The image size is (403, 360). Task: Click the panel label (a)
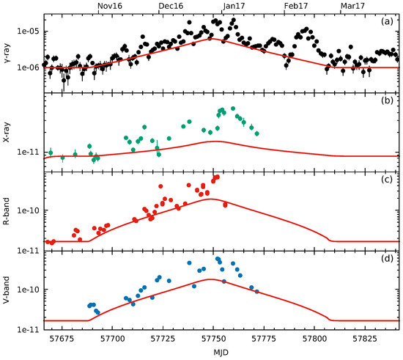pos(388,22)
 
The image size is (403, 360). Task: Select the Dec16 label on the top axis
pos(171,6)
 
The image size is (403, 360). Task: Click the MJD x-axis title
pos(221,353)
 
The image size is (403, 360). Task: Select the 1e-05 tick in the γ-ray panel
pos(29,32)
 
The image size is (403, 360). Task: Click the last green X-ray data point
pos(256,133)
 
